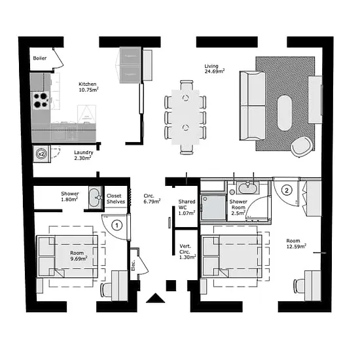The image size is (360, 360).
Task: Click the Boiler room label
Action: click(40, 58)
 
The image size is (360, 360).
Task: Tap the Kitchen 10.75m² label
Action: click(88, 87)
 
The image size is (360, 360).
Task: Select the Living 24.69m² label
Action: click(215, 69)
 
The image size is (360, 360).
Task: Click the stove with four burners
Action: click(41, 100)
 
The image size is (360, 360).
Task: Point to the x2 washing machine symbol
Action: click(42, 154)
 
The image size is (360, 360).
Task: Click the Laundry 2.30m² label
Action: click(83, 155)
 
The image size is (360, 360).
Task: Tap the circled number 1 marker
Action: click(117, 225)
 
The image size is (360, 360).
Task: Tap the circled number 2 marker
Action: click(287, 190)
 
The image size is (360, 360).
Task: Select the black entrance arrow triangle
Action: click(155, 298)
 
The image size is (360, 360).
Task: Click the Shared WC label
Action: click(187, 204)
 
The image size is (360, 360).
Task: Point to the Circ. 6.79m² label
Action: click(152, 198)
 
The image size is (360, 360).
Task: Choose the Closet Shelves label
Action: click(116, 198)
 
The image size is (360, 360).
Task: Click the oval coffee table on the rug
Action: click(285, 113)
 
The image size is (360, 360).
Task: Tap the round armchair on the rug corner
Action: click(302, 147)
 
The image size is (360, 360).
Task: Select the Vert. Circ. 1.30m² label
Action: click(188, 252)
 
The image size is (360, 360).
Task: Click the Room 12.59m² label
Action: click(296, 243)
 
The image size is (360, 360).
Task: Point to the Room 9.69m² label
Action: click(79, 256)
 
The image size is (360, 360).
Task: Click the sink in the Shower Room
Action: click(247, 187)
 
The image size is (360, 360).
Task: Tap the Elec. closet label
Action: click(134, 265)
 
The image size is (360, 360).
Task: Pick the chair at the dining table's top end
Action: click(187, 84)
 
